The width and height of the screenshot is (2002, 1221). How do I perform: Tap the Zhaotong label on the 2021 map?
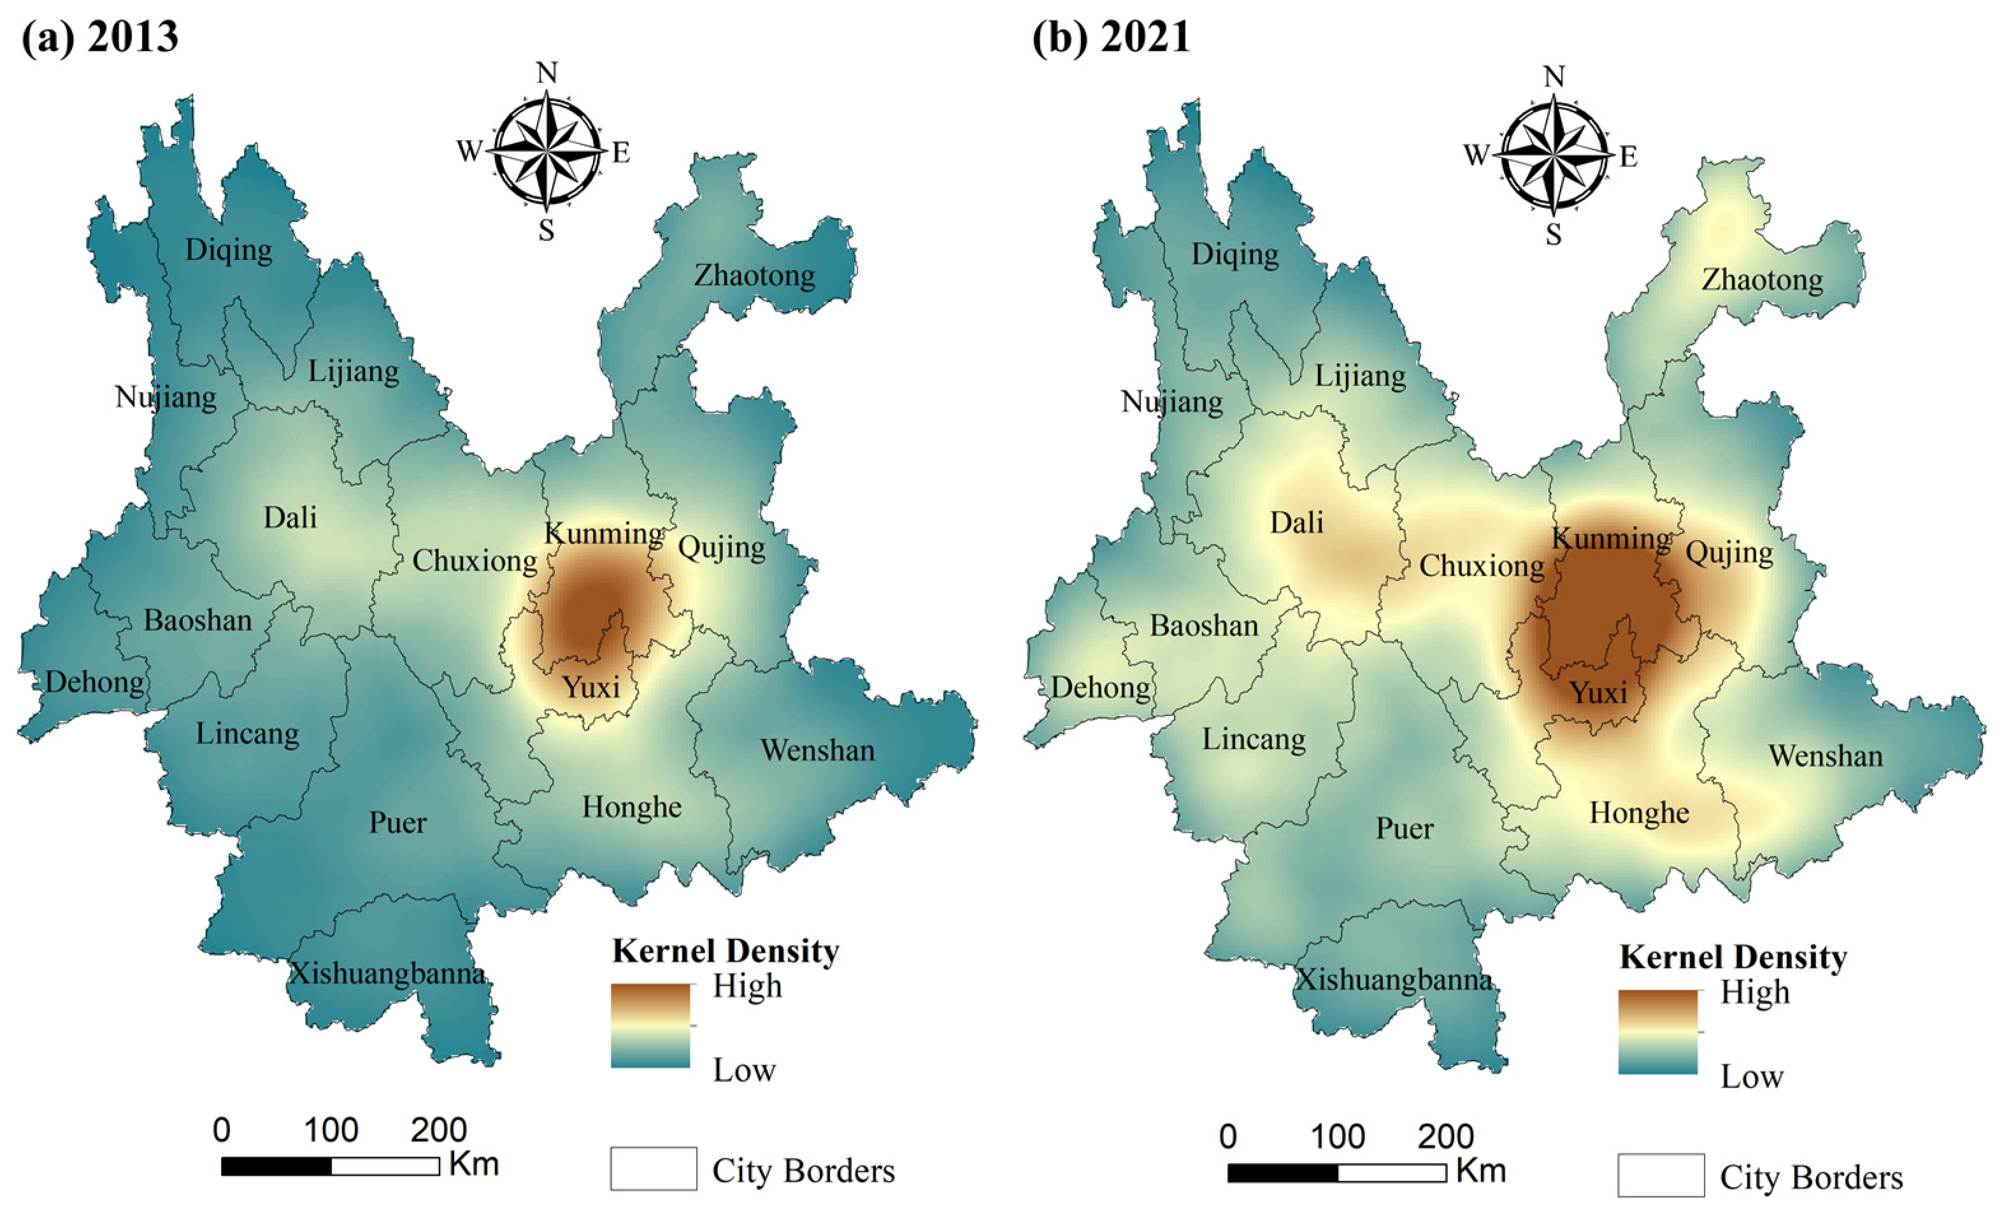pos(1761,280)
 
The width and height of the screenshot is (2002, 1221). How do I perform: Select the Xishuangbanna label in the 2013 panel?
pos(387,973)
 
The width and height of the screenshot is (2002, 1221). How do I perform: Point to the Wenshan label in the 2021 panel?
pos(1825,755)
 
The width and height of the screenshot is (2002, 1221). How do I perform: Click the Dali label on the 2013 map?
pos(290,517)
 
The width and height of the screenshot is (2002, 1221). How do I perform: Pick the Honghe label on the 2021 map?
pos(1639,812)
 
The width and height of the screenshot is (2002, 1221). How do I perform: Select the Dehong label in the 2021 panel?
pos(1100,687)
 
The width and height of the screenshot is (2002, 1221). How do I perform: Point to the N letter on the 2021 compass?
pos(1554,77)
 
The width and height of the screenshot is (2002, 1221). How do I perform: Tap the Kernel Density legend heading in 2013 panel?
pos(726,950)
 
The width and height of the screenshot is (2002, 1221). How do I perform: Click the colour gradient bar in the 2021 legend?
pos(1657,1032)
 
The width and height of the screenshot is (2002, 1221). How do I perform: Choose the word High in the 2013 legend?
pos(747,986)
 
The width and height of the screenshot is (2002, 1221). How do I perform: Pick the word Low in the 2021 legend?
pos(1752,1076)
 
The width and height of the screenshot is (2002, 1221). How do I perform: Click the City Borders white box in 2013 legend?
pos(654,1168)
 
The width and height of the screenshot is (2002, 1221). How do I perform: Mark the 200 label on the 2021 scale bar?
pos(1445,1136)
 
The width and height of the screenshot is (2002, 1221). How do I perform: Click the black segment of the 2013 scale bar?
pos(276,1166)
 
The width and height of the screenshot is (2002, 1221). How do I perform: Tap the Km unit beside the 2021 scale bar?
pos(1480,1171)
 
